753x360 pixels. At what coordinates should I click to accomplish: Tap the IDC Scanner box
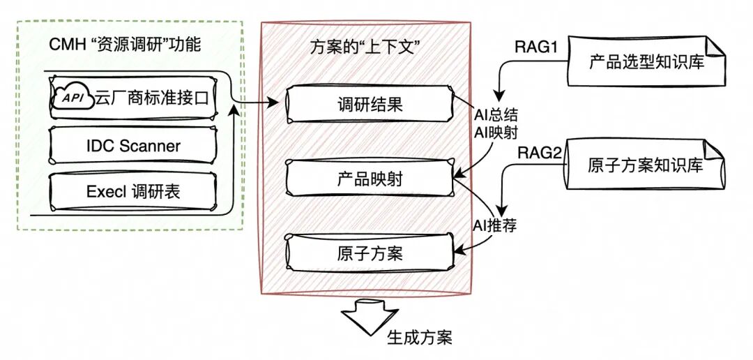132,146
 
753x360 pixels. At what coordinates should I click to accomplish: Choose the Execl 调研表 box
132,190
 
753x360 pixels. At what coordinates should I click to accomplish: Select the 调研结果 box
366,105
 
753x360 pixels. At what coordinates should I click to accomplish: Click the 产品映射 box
366,179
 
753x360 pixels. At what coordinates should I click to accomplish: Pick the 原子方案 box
366,253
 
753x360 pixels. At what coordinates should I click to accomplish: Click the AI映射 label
494,130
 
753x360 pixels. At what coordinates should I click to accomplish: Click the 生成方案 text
419,338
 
